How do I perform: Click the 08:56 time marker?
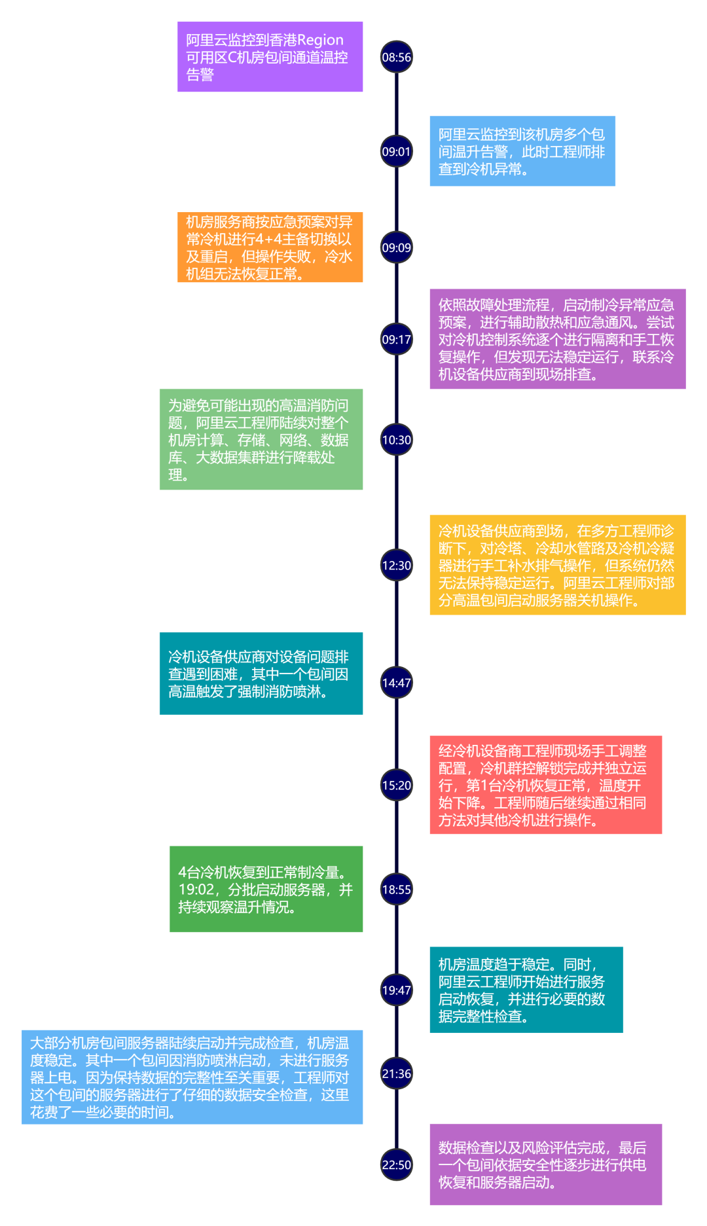coord(397,57)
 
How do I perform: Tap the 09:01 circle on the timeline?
coord(397,151)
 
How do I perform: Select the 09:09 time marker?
coord(397,247)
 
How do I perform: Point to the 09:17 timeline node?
coord(397,339)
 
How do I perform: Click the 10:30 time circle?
coord(397,440)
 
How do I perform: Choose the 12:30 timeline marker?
coord(397,565)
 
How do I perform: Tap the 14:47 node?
coord(397,683)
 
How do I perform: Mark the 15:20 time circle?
coord(397,785)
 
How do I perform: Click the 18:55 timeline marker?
coord(397,890)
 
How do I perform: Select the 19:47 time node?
coord(397,990)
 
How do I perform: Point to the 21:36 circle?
coord(397,1073)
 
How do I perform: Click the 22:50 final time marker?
coord(397,1165)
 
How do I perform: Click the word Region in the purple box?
coord(320,40)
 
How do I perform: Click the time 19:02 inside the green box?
coord(196,890)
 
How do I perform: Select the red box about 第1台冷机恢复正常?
coord(545,785)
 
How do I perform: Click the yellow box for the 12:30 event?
coord(557,565)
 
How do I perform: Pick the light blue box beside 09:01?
coord(522,151)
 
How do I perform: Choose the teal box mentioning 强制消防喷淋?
coord(261,674)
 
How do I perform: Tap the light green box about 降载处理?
coord(261,439)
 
